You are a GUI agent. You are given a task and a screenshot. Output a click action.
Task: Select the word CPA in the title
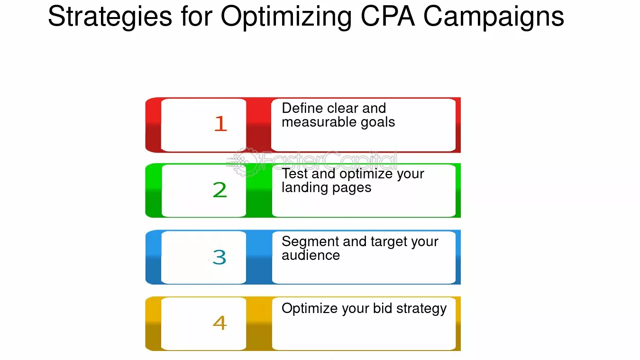pyautogui.click(x=388, y=16)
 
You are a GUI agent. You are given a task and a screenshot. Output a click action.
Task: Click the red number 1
pyautogui.click(x=220, y=123)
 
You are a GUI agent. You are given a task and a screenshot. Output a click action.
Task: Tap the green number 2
pyautogui.click(x=219, y=190)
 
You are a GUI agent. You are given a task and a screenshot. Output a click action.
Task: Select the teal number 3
pyautogui.click(x=219, y=257)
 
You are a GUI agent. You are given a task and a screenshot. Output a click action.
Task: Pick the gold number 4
pyautogui.click(x=219, y=323)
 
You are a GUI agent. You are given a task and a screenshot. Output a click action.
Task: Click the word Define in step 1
pyautogui.click(x=302, y=108)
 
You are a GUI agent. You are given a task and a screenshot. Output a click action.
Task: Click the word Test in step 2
pyautogui.click(x=294, y=174)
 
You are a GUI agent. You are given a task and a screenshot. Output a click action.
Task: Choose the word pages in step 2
pyautogui.click(x=349, y=189)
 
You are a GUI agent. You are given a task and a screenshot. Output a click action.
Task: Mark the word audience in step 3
pyautogui.click(x=311, y=255)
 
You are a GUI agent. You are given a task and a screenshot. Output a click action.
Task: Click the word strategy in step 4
pyautogui.click(x=421, y=309)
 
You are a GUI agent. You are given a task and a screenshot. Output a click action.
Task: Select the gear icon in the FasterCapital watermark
pyautogui.click(x=245, y=162)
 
